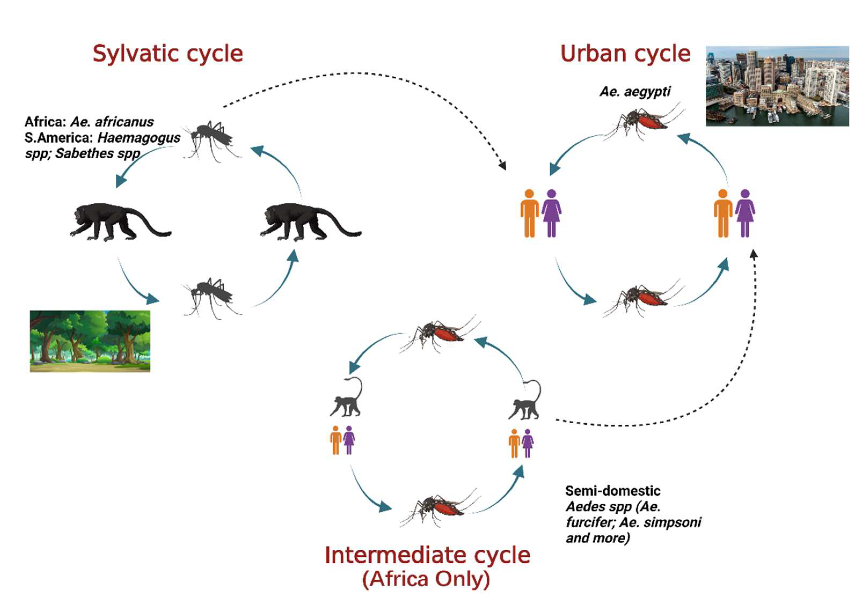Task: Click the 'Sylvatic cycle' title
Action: click(x=168, y=54)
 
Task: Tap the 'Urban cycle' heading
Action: click(x=625, y=54)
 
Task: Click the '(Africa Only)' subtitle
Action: click(x=426, y=579)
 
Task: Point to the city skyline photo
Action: click(x=777, y=86)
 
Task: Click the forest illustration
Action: click(x=90, y=341)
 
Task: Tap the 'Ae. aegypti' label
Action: click(x=635, y=92)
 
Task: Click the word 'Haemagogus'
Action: click(x=138, y=138)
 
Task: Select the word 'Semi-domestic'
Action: click(x=612, y=491)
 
